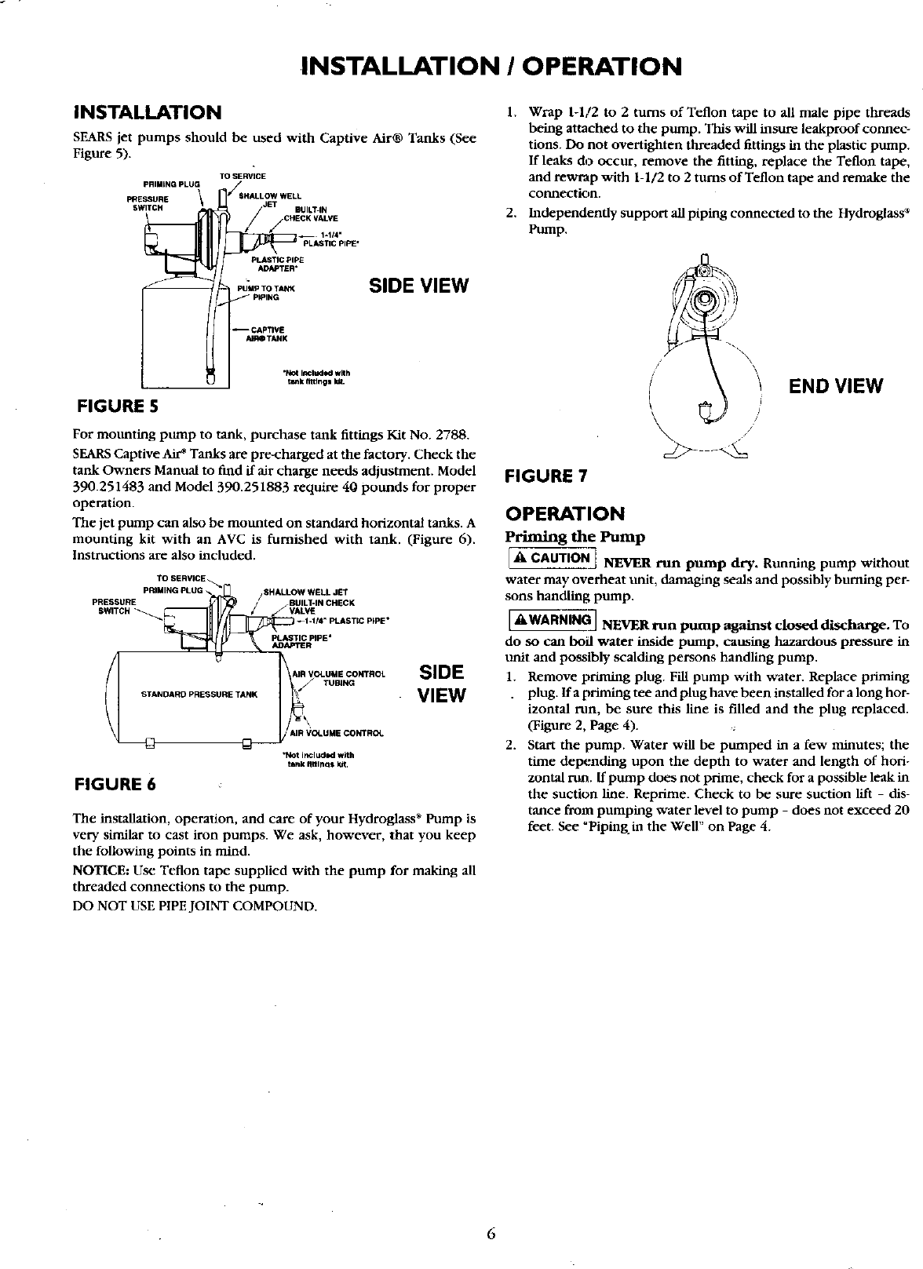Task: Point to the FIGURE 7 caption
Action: click(x=546, y=476)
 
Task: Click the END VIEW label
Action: click(x=836, y=386)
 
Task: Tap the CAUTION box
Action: click(x=550, y=558)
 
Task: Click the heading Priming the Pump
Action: click(x=575, y=538)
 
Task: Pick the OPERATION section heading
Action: click(x=565, y=514)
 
